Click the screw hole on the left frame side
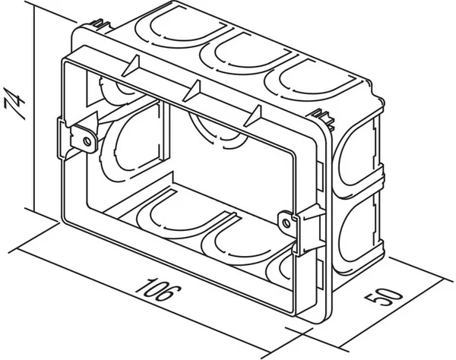[x=88, y=140]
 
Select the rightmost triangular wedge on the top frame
[x=255, y=116]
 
